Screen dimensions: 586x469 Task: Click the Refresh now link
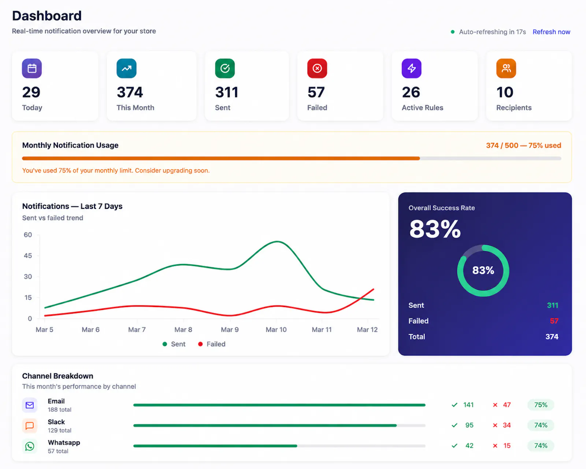pos(551,32)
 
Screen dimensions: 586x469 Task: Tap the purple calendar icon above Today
pos(32,68)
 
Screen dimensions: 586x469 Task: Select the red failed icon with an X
pos(317,68)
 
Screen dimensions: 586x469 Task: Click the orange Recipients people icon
pos(506,68)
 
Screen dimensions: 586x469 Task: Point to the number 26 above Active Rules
pos(411,92)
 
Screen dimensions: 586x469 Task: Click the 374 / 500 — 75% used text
pos(523,145)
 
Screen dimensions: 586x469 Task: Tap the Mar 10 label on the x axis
pos(276,329)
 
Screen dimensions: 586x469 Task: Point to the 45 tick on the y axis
pos(28,256)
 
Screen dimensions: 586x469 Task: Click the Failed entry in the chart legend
pos(212,344)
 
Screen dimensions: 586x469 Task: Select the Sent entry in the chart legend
pos(174,344)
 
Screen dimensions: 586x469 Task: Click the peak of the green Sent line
pos(277,241)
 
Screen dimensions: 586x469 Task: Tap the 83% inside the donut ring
pos(483,270)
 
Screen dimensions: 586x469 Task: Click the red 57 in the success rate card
pos(554,321)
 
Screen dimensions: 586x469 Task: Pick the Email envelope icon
pos(30,405)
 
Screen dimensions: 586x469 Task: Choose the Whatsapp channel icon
pos(30,446)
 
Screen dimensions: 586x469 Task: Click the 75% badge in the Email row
pos(541,405)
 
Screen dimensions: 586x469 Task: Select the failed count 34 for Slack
pos(507,425)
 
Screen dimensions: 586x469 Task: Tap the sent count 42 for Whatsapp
pos(469,446)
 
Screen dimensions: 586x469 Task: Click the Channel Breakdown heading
pos(58,376)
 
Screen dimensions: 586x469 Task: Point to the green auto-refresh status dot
pos(453,32)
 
